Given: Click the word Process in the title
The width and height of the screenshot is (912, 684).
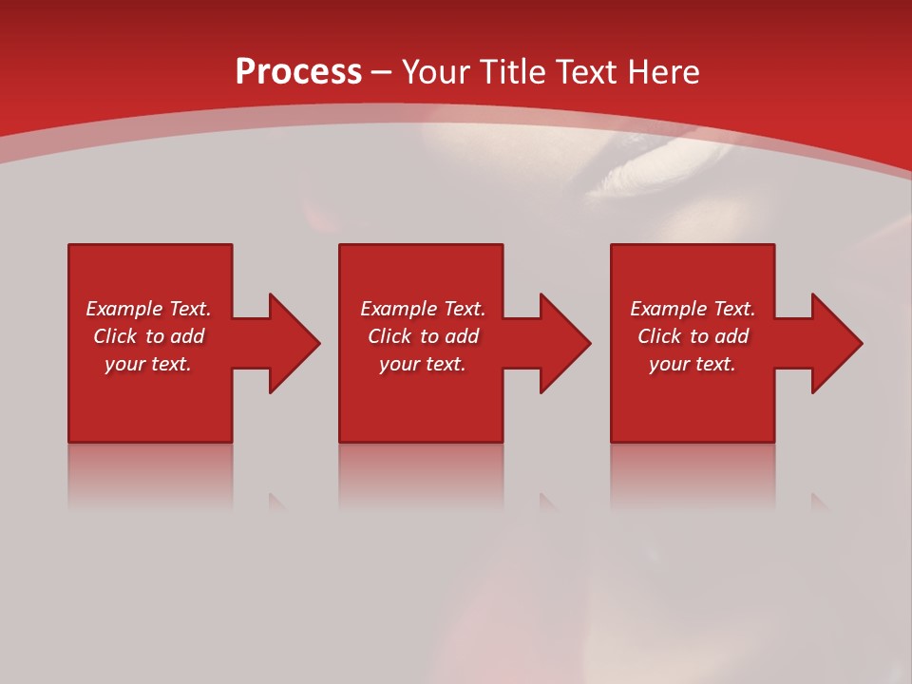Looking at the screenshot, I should pos(298,72).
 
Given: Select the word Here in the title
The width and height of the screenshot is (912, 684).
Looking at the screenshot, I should pos(663,72).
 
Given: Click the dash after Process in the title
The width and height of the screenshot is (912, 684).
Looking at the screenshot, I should pos(381,73).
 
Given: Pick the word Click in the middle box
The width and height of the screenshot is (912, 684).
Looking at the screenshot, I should pos(389,336).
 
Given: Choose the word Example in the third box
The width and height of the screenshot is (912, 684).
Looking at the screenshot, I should pos(669,309).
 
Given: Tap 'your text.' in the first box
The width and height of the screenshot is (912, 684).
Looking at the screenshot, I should pos(148,364).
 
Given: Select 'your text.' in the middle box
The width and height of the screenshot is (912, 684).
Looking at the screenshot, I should pos(423,364).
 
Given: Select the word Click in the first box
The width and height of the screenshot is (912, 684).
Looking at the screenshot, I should pos(114,336).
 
